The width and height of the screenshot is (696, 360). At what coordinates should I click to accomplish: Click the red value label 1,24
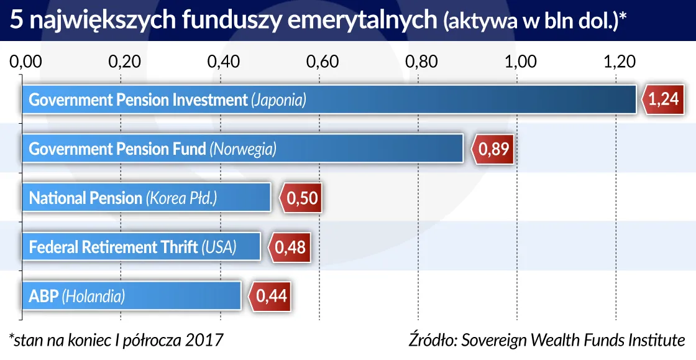coord(663,99)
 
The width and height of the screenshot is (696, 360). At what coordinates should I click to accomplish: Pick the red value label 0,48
coord(290,247)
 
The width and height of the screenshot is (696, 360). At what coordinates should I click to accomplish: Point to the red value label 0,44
coord(272,296)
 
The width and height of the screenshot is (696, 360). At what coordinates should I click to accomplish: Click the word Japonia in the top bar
coord(278,99)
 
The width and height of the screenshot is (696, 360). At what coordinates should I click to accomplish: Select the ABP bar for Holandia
coord(131,296)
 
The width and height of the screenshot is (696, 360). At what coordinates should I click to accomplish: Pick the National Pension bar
coord(147,198)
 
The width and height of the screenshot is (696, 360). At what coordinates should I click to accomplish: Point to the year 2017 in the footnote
coord(202,340)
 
